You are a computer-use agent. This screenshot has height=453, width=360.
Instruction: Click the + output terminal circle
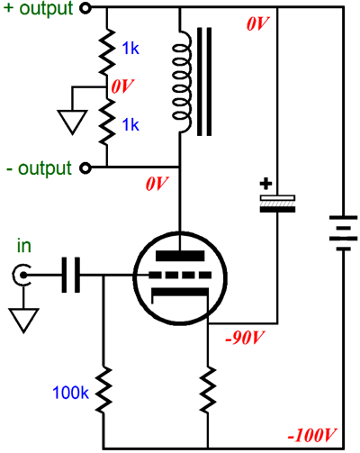[85, 8]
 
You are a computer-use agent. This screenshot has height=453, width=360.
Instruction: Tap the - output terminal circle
[85, 168]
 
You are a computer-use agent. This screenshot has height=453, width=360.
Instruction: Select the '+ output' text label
[38, 8]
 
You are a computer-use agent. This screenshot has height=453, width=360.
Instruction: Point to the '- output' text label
[39, 168]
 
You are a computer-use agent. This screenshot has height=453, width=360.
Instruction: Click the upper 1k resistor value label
[130, 48]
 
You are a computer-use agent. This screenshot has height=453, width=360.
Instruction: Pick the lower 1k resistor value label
[130, 124]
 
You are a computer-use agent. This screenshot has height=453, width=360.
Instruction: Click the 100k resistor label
[71, 392]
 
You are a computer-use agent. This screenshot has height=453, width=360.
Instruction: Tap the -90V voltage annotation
[245, 338]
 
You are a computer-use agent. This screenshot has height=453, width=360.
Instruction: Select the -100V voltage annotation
[311, 435]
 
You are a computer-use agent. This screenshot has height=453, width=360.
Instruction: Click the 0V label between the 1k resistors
[122, 86]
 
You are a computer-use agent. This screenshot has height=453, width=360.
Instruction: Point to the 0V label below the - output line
[157, 184]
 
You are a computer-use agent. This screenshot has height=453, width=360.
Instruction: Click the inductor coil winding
[182, 81]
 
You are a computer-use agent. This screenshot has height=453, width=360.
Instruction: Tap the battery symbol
[344, 232]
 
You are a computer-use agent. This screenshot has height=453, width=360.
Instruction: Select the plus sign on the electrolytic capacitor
[265, 184]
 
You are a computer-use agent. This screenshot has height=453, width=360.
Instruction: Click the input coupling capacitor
[71, 275]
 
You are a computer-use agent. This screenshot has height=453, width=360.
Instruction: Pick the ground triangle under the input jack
[24, 320]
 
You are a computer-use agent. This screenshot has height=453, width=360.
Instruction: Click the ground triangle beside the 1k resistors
[72, 122]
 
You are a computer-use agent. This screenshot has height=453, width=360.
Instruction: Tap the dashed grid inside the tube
[180, 275]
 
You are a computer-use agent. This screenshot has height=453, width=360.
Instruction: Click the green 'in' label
[24, 246]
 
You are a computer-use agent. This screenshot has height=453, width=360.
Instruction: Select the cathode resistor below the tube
[208, 389]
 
